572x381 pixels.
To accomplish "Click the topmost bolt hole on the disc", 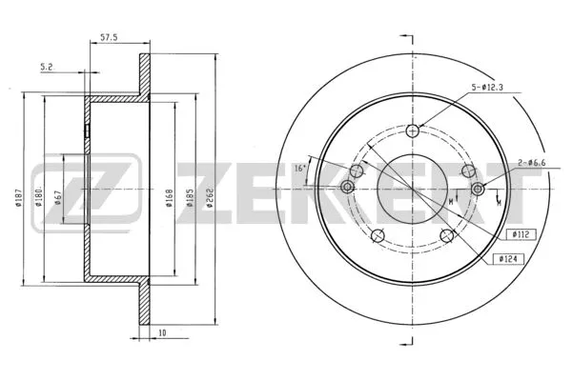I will point(412,131).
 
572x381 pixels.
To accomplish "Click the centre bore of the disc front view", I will point(412,187).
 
